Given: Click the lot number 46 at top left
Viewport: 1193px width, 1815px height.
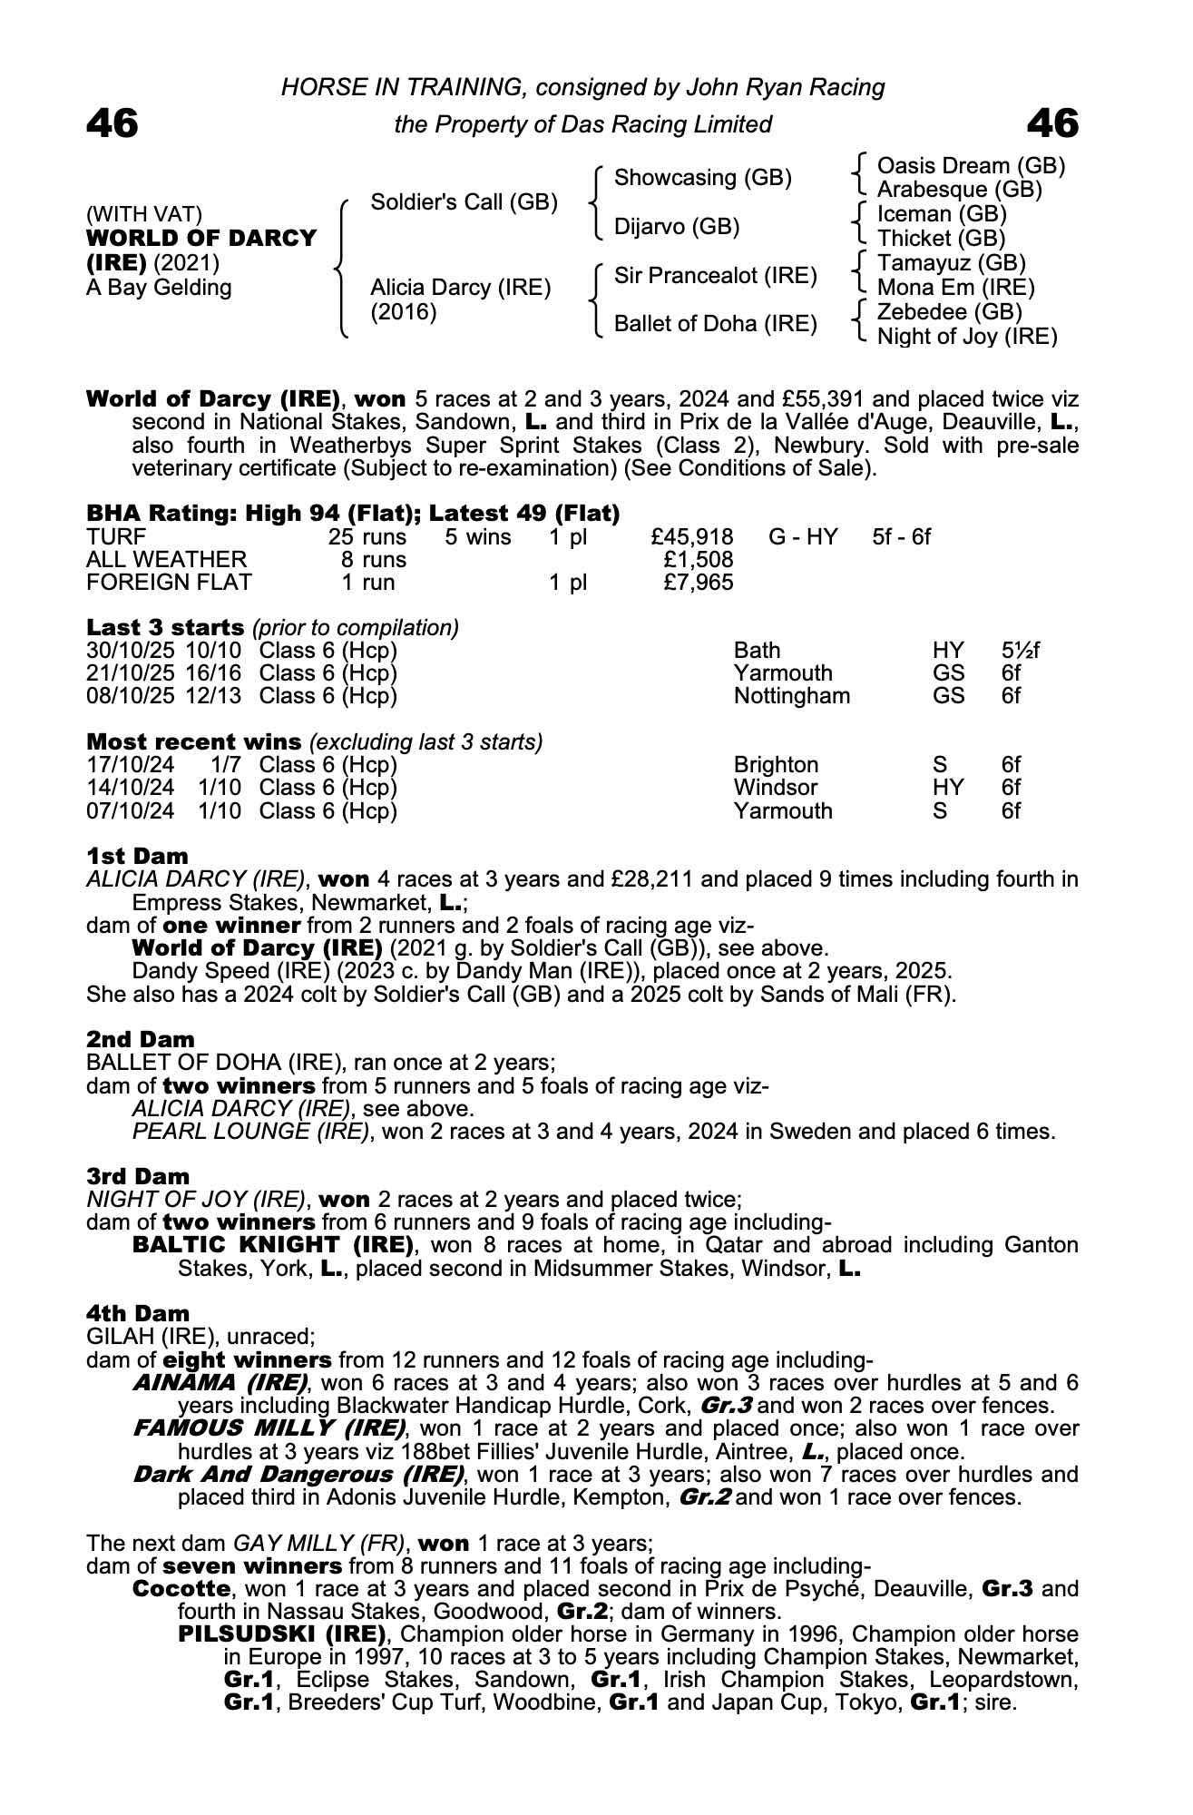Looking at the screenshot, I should point(112,123).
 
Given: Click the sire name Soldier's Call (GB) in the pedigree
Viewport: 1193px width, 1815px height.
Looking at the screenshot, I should point(464,202).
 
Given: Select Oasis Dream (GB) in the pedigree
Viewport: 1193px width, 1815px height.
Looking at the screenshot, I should point(971,166).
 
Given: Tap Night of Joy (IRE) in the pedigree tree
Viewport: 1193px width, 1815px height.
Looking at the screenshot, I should point(967,337).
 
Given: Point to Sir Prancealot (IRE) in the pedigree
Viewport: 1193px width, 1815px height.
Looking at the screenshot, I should point(716,276).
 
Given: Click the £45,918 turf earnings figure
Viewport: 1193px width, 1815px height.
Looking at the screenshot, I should point(692,537).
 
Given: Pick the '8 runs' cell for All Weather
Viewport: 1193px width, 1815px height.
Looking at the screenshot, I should point(374,560).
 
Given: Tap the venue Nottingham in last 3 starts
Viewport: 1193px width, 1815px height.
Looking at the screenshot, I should point(792,696).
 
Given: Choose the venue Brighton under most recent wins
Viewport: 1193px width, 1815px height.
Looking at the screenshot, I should point(776,765).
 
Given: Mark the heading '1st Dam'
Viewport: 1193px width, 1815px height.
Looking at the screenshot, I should point(138,856).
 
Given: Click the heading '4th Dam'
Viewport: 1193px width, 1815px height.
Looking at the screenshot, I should point(138,1313).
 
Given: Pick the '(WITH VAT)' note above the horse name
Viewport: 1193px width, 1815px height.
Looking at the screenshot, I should point(144,214).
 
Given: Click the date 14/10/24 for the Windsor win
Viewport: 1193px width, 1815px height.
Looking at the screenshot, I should point(131,788).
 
